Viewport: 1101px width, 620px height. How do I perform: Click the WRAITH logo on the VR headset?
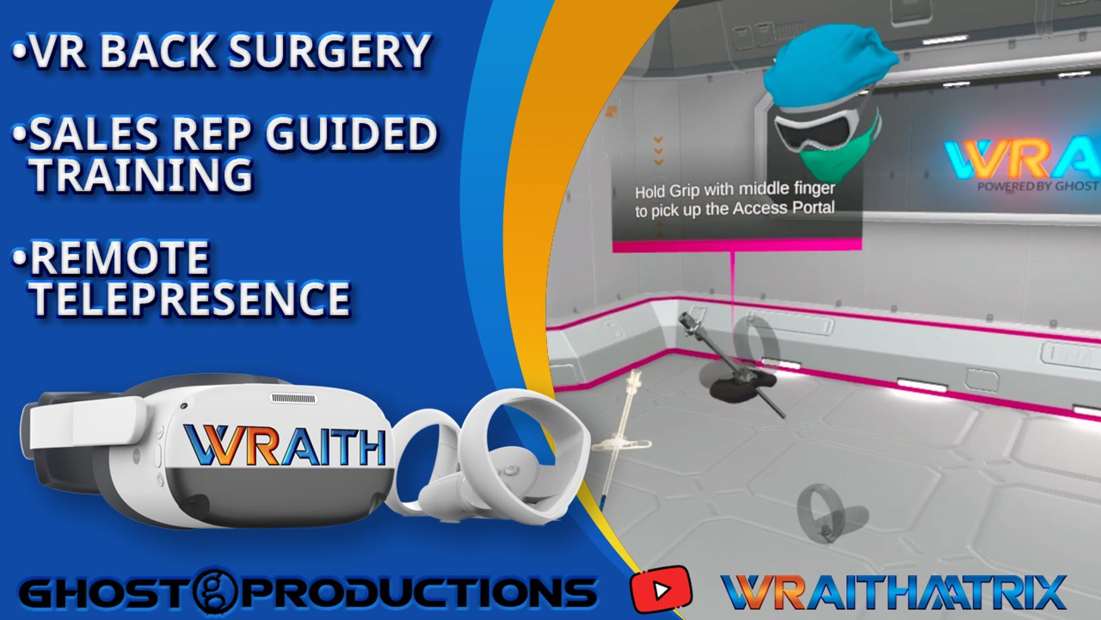tap(284, 445)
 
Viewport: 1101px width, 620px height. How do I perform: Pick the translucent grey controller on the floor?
tap(826, 520)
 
